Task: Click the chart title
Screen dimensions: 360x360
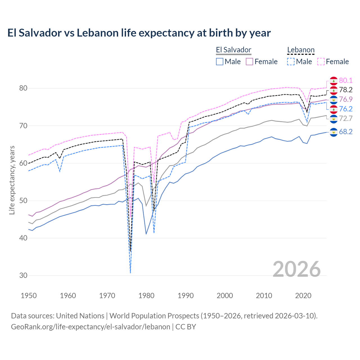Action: (139, 33)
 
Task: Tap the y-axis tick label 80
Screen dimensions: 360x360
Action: (23, 88)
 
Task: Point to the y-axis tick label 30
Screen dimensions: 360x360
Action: (23, 276)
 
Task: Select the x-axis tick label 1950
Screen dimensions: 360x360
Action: (29, 296)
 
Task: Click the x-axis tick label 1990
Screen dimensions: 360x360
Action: (186, 296)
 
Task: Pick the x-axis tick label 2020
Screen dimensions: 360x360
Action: (303, 296)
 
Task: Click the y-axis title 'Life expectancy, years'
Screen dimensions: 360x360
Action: (12, 180)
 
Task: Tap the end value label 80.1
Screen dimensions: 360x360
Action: (346, 80)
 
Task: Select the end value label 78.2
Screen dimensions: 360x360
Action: (346, 90)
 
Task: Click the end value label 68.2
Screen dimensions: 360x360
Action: (346, 132)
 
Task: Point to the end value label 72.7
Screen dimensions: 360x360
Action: (346, 118)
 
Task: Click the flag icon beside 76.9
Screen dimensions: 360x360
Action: (334, 100)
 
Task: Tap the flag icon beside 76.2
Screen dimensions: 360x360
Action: (334, 109)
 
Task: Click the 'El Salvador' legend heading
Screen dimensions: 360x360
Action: (233, 50)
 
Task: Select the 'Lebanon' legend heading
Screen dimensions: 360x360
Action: (301, 50)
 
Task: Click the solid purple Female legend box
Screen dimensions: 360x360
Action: (249, 62)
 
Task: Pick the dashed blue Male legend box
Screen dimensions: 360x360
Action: (291, 62)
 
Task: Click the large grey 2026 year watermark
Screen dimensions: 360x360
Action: (297, 269)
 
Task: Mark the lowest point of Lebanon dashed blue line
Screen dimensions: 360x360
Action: (130, 273)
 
